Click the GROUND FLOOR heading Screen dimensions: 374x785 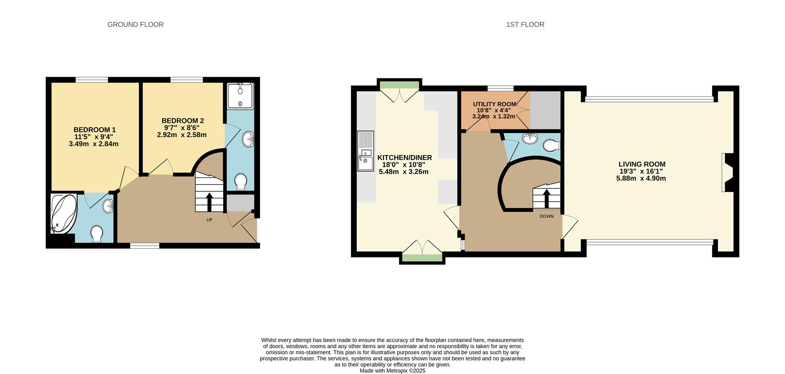click(x=135, y=24)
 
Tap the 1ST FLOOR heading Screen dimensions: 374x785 click(x=525, y=24)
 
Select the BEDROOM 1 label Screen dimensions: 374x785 click(x=94, y=130)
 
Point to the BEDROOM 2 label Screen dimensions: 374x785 click(x=182, y=120)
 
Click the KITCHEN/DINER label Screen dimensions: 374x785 click(x=404, y=158)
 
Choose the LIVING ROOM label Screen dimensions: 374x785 click(x=641, y=164)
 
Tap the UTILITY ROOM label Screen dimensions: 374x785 click(x=494, y=104)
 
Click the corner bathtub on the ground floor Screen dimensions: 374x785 click(x=64, y=213)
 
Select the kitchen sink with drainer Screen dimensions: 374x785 click(x=366, y=151)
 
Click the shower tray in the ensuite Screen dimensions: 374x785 click(x=240, y=96)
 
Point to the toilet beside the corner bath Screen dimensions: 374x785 click(x=97, y=234)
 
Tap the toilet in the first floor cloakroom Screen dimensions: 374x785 click(x=551, y=145)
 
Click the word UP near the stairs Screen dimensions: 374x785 click(x=209, y=220)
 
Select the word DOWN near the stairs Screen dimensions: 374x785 click(x=546, y=216)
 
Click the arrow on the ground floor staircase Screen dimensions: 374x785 click(x=209, y=201)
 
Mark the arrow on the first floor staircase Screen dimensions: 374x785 click(x=546, y=198)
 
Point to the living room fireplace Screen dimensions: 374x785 click(x=727, y=172)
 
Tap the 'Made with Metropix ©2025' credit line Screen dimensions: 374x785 click(x=392, y=371)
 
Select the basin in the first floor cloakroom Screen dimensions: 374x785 click(x=530, y=138)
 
